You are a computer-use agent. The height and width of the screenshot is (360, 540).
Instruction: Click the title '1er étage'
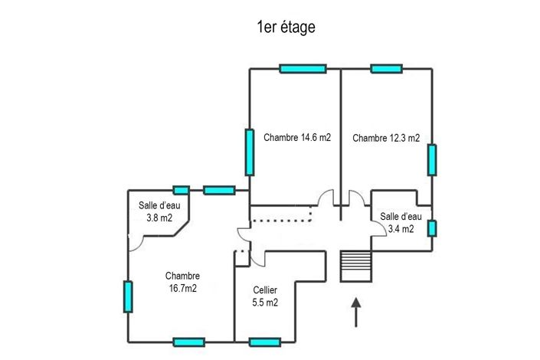286,28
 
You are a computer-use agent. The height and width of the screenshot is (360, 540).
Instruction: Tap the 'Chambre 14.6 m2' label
297,139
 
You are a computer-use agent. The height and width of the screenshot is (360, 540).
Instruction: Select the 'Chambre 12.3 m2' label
386,139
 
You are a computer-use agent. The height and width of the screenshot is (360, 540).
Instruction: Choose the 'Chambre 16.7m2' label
182,282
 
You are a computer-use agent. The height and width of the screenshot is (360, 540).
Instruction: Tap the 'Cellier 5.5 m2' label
265,296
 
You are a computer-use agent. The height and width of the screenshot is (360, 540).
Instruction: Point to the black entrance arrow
356,313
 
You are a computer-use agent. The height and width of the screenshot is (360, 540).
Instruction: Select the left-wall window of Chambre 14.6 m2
250,152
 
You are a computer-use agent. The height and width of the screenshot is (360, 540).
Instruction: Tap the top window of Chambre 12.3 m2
386,69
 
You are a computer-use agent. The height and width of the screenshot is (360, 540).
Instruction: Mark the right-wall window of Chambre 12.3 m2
432,159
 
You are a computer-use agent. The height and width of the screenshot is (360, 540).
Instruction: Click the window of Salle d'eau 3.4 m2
432,228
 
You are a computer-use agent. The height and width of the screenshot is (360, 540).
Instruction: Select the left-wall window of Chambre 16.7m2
128,296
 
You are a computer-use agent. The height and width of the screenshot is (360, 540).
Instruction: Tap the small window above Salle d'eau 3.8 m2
182,190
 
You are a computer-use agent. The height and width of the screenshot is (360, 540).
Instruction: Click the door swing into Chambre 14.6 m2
327,198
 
